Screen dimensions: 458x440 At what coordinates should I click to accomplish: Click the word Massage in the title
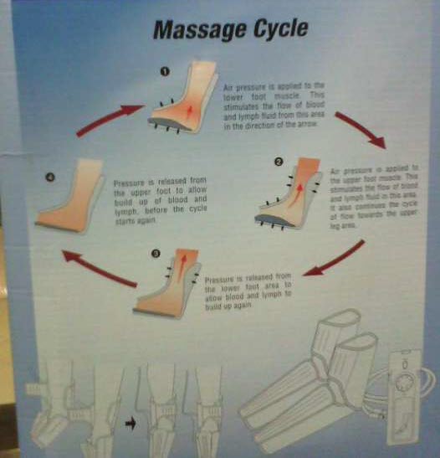tap(193, 31)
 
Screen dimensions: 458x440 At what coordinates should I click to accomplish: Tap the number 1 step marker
tap(165, 72)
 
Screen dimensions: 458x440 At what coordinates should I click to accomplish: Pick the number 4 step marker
tap(51, 177)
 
